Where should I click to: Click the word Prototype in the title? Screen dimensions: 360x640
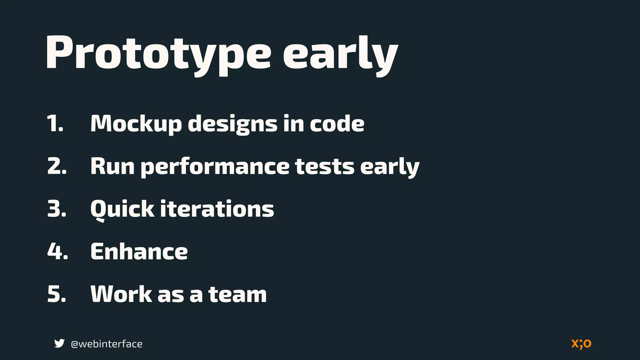pos(158,53)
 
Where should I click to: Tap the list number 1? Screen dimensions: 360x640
pos(55,123)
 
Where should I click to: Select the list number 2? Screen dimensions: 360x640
pos(57,166)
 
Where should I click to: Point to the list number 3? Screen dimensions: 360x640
pos(57,209)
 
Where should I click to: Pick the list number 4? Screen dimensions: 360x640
pos(57,251)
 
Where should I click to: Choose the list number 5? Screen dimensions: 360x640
pos(57,294)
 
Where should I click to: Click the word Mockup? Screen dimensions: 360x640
pos(136,124)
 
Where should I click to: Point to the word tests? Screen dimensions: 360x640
pos(325,167)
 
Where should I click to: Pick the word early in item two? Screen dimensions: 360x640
pos(390,167)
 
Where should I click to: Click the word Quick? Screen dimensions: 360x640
pos(122,209)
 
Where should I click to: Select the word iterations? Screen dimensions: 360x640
pos(217,209)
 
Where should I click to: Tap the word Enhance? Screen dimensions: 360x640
pos(139,252)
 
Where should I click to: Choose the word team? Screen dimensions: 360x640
pos(237,294)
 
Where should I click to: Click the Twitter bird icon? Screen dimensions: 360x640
pos(59,343)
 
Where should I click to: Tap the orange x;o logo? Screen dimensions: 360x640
pos(581,344)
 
